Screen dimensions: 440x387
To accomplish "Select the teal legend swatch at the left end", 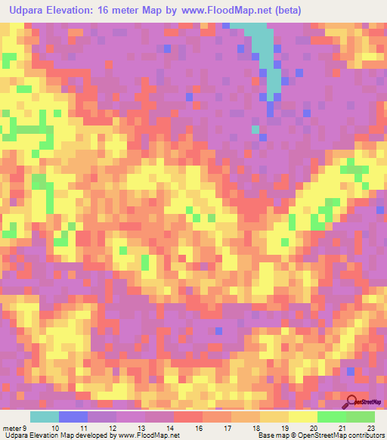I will click(x=45, y=417).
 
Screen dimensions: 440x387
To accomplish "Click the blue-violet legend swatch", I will click(x=73, y=417).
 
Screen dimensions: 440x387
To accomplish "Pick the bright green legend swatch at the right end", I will click(x=361, y=417).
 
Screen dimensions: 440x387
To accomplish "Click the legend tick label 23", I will click(x=370, y=428).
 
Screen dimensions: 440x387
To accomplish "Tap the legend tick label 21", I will click(x=342, y=428).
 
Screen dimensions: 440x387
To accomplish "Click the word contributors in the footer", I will click(x=364, y=435).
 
